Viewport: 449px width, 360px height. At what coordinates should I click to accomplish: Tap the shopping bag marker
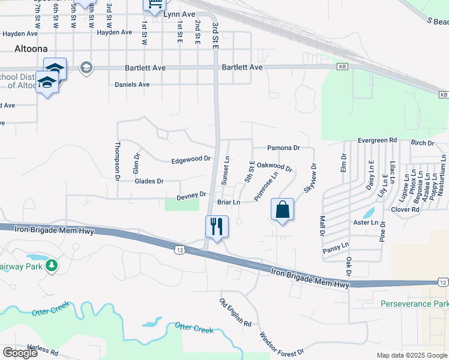coord(282,209)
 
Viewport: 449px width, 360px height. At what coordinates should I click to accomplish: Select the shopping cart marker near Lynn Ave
coord(154,5)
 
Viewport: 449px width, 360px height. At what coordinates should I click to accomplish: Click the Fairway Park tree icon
coord(52,265)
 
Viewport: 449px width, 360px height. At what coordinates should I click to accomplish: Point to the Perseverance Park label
coord(414,304)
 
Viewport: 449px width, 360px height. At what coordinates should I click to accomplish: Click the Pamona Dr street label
coord(283,148)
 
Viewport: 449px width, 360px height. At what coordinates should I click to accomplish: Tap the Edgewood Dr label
coord(191,160)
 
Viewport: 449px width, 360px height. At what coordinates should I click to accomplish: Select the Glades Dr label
coord(149,181)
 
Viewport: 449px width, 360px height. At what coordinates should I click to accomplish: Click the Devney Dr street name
coord(191,196)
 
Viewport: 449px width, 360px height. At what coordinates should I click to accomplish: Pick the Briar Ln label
coord(229,203)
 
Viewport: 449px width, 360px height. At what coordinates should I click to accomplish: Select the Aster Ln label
coord(366,223)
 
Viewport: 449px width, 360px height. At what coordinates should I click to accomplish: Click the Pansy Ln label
coord(336,245)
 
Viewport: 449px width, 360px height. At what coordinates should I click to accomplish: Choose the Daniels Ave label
coord(132,85)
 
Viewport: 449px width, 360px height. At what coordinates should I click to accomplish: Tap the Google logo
coord(20,353)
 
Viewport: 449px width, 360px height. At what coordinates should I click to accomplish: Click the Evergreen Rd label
coord(378,140)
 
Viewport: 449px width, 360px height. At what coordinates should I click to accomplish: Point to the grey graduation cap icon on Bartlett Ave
coord(86,67)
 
